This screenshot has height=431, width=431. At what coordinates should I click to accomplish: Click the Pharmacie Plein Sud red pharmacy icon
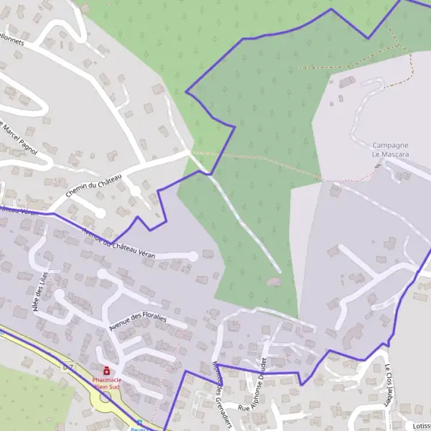coord(106,370)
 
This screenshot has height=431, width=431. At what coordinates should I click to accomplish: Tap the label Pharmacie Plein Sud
coord(106,383)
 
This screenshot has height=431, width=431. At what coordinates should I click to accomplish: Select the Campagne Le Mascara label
coord(391,149)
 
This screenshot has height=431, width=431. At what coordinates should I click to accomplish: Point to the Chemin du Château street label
coord(94,185)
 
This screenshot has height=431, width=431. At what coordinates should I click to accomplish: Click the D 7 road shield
coord(68,368)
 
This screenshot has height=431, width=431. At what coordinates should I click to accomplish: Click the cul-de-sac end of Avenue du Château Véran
coord(193,255)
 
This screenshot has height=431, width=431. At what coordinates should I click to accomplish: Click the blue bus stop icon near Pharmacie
coord(139,423)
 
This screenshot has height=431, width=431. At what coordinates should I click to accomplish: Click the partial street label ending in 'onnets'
coord(13,42)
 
